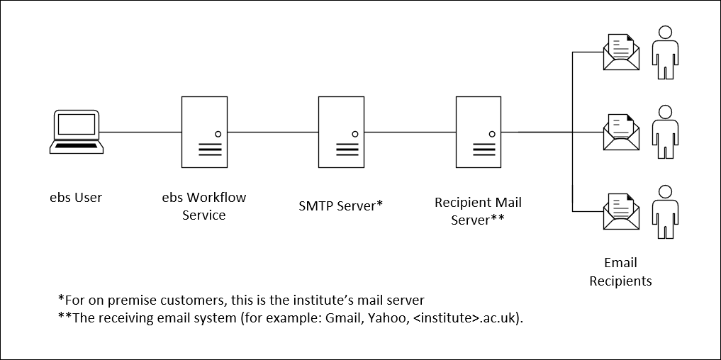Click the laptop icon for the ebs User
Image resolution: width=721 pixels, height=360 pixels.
(x=77, y=132)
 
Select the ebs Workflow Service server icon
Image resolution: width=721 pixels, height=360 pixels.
(x=204, y=132)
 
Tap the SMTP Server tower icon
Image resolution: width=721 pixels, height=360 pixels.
(x=341, y=132)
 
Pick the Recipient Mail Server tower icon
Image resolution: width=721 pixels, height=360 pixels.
(x=479, y=132)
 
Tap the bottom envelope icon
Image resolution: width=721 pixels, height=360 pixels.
(x=621, y=212)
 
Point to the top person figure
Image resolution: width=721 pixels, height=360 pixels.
(x=665, y=53)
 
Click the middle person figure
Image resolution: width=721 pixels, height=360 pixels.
(x=665, y=132)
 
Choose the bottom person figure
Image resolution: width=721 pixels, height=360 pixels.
(x=665, y=211)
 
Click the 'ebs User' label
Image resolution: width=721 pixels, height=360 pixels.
(x=76, y=198)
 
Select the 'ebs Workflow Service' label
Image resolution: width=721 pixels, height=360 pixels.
(x=204, y=206)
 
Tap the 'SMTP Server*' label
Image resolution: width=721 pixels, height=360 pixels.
(x=341, y=206)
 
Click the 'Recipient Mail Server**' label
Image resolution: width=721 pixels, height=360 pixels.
(x=478, y=211)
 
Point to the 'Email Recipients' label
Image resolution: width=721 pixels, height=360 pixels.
(x=620, y=272)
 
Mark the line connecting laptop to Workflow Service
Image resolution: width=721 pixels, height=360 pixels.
(x=142, y=132)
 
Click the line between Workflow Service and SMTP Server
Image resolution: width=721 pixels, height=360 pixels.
(x=272, y=132)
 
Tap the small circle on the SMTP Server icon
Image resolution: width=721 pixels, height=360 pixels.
(x=354, y=134)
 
